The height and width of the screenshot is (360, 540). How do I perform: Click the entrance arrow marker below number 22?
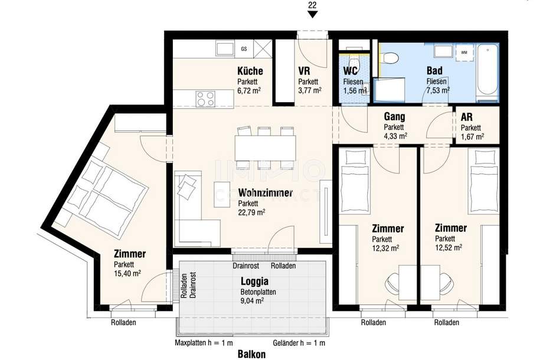tap(313, 14)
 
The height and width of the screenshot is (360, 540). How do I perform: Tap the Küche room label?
tap(250, 71)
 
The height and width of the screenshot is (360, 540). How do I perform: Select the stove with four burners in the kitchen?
tap(205, 98)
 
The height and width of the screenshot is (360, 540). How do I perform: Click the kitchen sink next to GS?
tap(225, 47)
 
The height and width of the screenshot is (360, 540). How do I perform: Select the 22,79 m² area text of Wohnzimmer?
tap(251, 212)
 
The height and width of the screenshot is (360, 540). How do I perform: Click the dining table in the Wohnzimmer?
tap(264, 148)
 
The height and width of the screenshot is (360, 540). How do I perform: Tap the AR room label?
tap(467, 117)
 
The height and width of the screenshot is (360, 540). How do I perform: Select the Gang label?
tap(394, 117)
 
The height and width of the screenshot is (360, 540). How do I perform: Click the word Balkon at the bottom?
tap(251, 354)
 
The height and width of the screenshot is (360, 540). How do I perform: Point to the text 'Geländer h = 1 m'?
tap(299, 343)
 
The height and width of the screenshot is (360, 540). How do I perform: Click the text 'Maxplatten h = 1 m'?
tap(204, 343)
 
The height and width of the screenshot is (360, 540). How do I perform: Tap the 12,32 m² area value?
tap(385, 248)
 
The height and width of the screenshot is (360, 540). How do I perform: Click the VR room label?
tap(305, 71)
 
